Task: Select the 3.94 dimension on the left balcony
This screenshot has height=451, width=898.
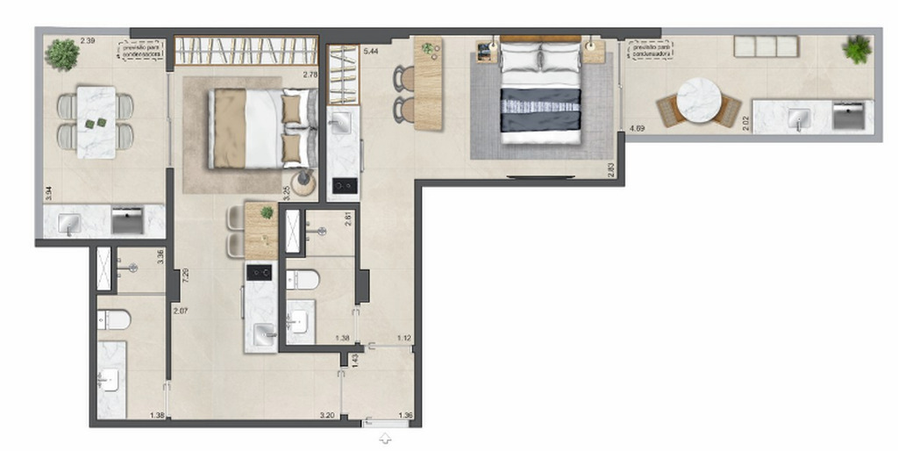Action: pyautogui.click(x=49, y=192)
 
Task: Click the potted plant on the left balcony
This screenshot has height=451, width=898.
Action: pyautogui.click(x=62, y=54)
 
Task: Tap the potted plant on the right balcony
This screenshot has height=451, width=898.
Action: pyautogui.click(x=857, y=49)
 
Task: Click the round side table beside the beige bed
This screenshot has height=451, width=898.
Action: pyautogui.click(x=305, y=183)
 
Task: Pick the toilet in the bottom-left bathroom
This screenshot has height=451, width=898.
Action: pyautogui.click(x=114, y=319)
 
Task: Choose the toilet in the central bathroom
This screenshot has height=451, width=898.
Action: pyautogui.click(x=303, y=280)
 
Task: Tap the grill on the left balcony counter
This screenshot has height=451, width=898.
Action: pyautogui.click(x=128, y=221)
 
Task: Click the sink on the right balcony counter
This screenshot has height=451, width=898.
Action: pyautogui.click(x=799, y=118)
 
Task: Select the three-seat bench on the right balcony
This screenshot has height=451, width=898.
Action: pyautogui.click(x=766, y=47)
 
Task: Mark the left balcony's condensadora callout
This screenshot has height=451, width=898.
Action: pyautogui.click(x=140, y=48)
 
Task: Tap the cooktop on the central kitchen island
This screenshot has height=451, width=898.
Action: pyautogui.click(x=260, y=273)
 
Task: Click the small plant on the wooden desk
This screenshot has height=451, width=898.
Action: pyautogui.click(x=429, y=49)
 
